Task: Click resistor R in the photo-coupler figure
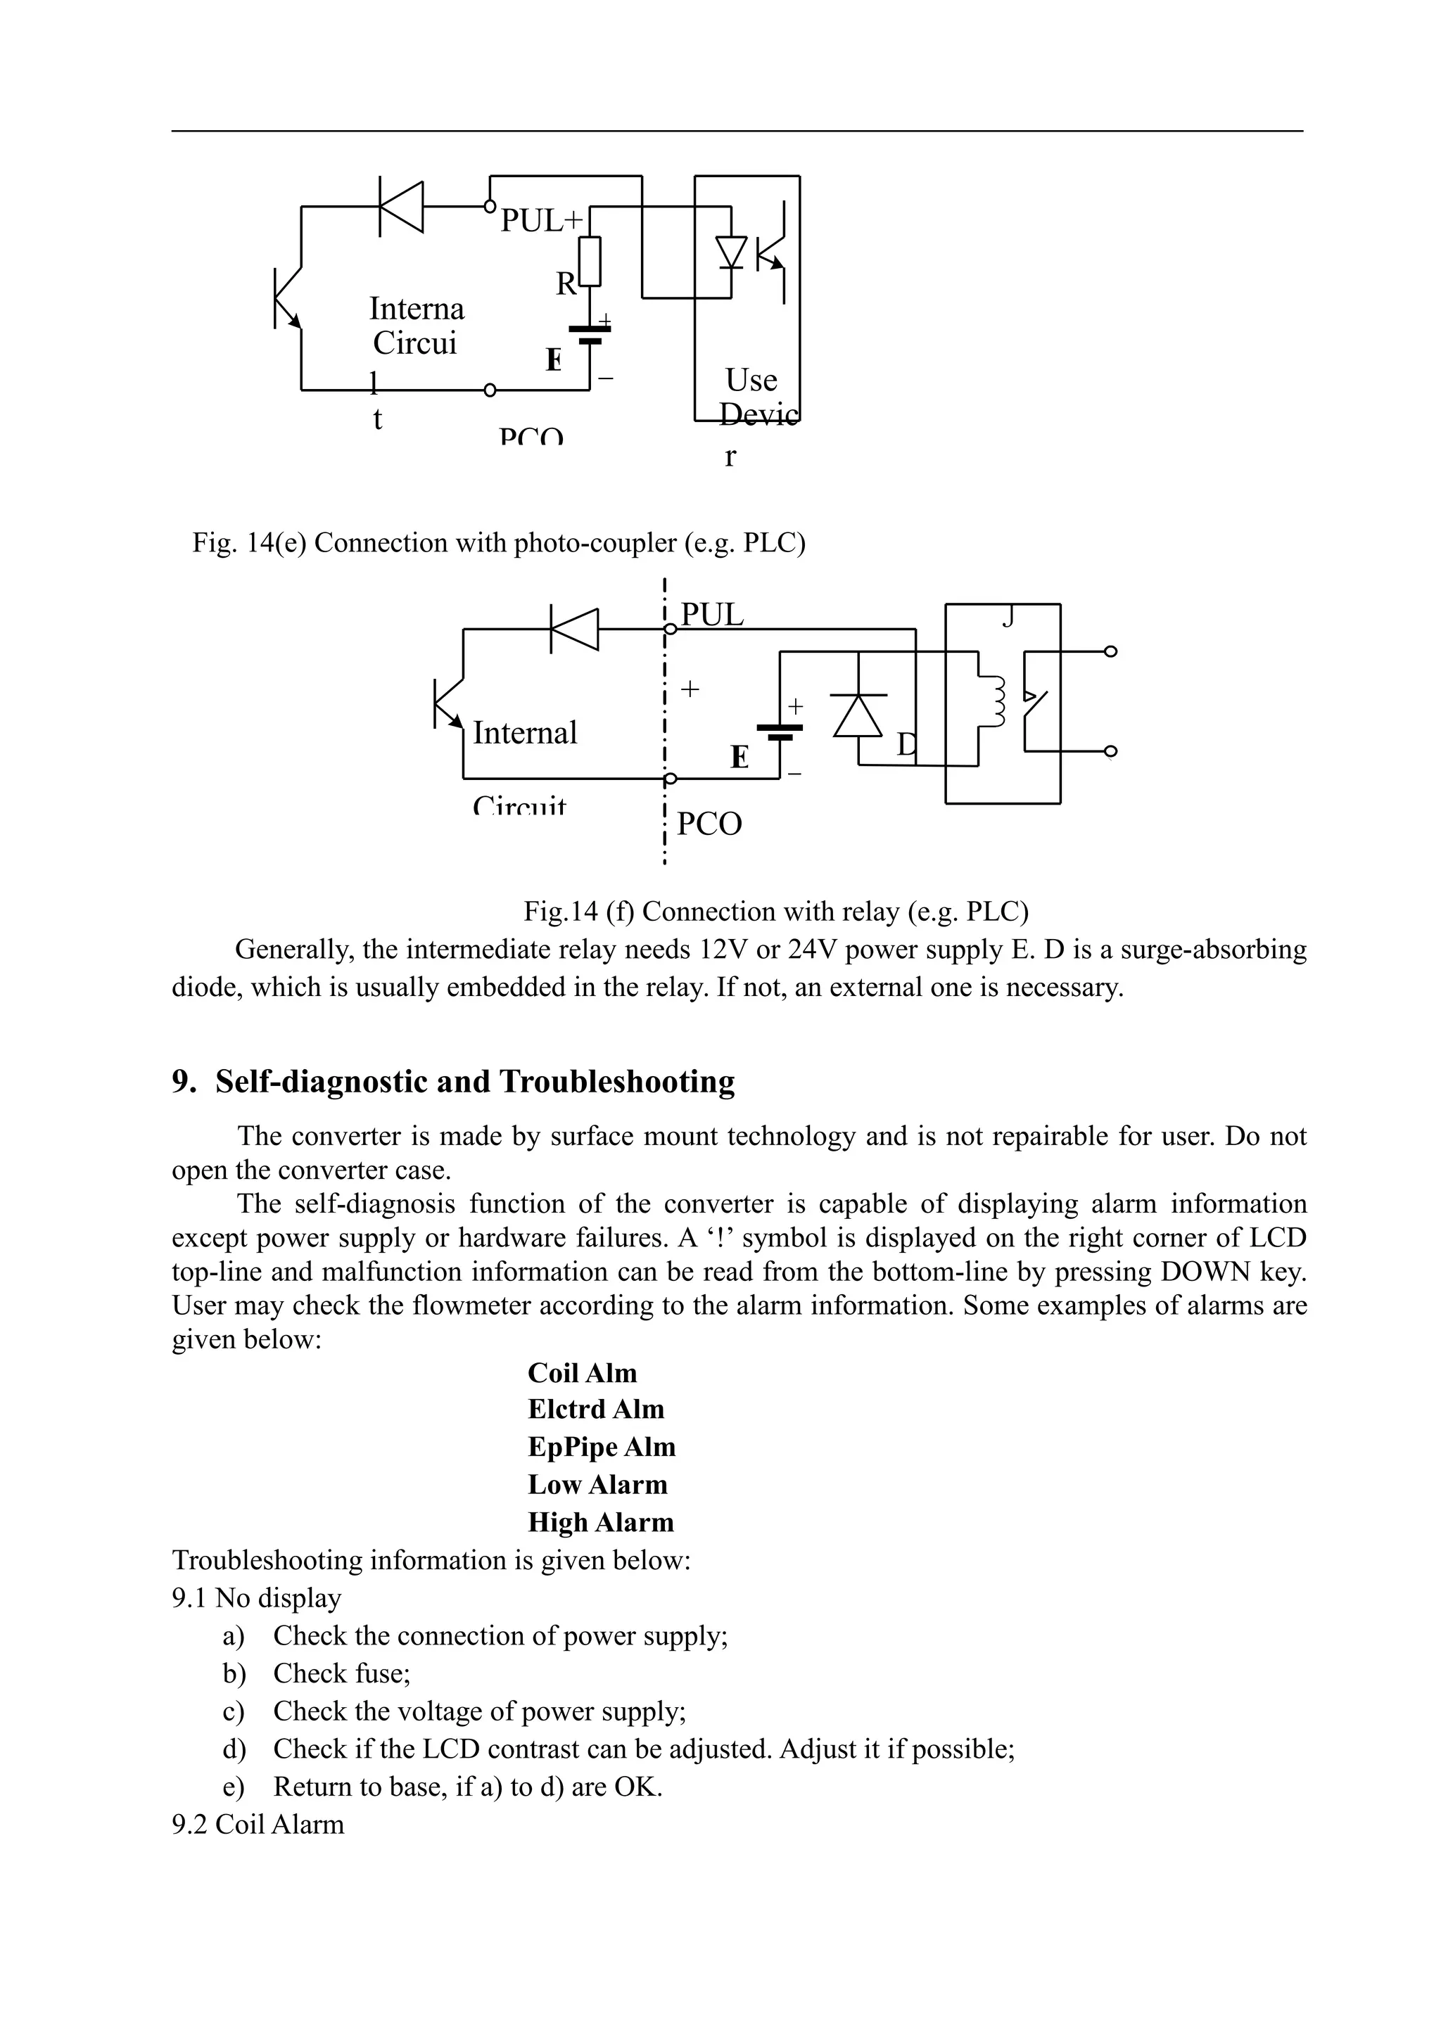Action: coord(589,261)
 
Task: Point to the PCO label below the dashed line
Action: coord(709,824)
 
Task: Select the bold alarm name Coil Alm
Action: coord(582,1374)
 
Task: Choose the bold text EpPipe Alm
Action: coord(602,1447)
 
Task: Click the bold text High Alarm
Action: coord(601,1522)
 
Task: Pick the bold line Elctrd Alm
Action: coord(595,1410)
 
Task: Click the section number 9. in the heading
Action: coord(184,1082)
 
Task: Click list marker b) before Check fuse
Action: coord(234,1673)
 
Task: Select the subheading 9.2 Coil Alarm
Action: coord(258,1825)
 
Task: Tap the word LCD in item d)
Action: coord(452,1749)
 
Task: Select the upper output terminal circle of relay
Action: coord(1110,651)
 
